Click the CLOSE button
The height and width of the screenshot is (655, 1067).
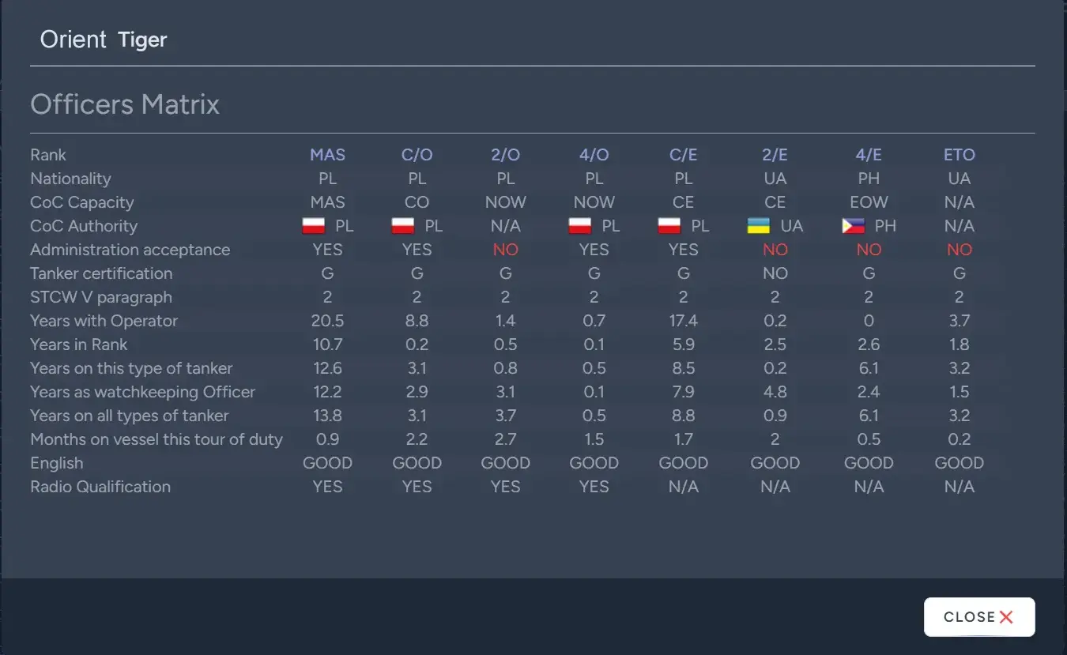(978, 617)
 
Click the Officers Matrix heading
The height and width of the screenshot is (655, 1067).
(125, 104)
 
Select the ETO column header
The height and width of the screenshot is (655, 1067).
(959, 155)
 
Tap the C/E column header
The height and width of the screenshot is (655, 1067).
(683, 155)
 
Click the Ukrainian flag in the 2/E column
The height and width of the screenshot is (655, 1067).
(759, 226)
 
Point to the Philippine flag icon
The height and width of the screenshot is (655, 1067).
(853, 226)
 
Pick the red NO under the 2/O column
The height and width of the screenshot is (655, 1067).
(505, 250)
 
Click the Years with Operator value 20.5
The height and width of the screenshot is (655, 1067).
(327, 321)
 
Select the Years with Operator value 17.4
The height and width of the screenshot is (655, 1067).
(683, 321)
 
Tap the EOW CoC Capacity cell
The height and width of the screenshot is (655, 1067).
(869, 202)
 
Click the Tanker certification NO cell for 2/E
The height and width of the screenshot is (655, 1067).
(775, 273)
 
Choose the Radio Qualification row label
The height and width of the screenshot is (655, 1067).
(100, 487)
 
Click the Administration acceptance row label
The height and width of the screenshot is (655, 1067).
(130, 250)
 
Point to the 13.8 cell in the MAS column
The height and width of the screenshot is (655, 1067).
(327, 416)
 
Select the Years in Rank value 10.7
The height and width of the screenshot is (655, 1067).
(327, 344)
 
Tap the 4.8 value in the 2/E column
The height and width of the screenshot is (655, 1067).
(775, 392)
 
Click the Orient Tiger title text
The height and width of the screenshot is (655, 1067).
(104, 40)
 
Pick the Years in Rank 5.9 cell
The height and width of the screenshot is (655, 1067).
(683, 344)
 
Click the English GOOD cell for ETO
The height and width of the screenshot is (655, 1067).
(959, 463)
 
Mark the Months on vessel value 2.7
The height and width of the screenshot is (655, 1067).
(505, 439)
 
